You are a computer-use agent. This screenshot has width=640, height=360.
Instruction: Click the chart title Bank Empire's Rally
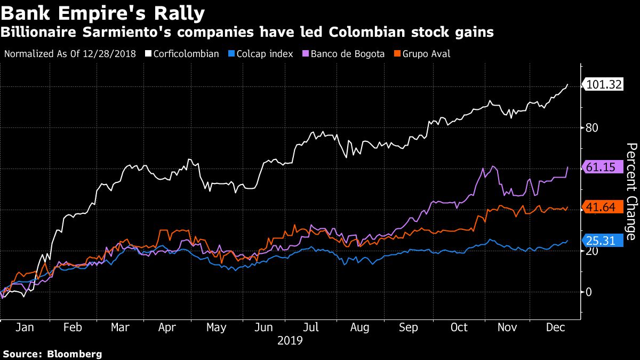103,12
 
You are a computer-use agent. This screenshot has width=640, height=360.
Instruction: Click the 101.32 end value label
604,84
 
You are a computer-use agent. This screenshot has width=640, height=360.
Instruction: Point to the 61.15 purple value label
601,167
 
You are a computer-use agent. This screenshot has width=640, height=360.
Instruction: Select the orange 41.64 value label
601,207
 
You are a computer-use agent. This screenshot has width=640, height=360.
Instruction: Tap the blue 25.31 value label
601,241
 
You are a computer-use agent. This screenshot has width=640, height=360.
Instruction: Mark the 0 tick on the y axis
589,292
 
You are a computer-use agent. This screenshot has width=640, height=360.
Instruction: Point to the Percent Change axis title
631,191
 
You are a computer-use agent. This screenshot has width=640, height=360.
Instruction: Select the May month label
216,327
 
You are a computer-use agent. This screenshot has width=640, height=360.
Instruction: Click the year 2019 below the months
290,340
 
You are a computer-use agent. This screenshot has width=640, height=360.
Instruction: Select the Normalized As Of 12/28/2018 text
70,54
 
